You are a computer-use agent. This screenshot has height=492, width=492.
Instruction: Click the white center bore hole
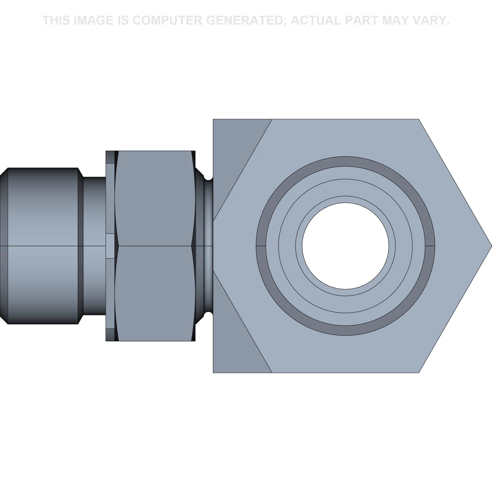[345, 246]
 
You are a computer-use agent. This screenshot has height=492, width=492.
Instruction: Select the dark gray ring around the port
[345, 161]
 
